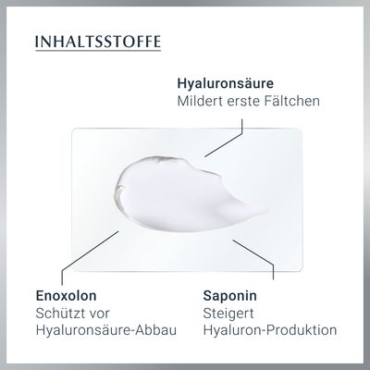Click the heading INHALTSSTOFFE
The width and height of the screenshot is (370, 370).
[x=98, y=42]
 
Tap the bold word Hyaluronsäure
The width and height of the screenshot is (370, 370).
[x=226, y=83]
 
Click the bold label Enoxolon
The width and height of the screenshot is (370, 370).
[x=67, y=296]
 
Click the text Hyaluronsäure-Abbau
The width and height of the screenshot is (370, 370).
[x=106, y=330]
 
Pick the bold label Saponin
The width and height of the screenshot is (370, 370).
[x=230, y=296]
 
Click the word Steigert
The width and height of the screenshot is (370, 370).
[x=228, y=314]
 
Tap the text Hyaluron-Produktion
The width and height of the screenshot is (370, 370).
[x=270, y=330]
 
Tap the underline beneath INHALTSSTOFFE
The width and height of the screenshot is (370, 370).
[x=98, y=49]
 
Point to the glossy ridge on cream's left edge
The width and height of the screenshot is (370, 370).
[x=118, y=192]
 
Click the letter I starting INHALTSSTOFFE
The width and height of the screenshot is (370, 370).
[x=37, y=42]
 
